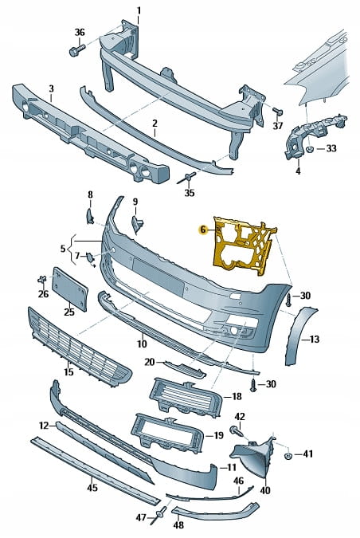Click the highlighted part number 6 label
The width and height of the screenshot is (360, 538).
click(203, 230)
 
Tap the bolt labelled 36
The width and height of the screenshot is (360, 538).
click(76, 49)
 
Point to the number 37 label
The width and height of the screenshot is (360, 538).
click(278, 126)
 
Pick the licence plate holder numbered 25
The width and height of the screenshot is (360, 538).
click(69, 289)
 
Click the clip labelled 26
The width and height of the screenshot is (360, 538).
click(42, 279)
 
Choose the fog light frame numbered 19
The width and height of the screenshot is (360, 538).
click(168, 434)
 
